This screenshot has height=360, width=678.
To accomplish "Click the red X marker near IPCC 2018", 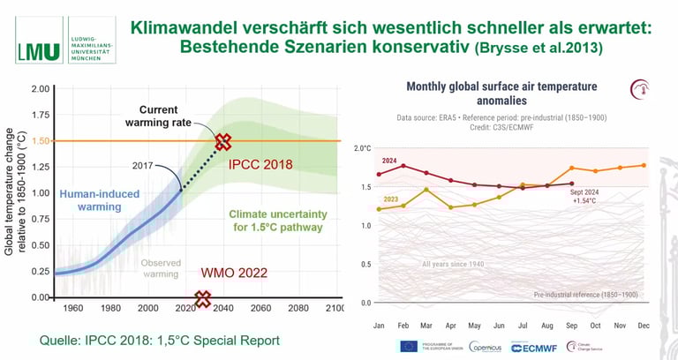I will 223,141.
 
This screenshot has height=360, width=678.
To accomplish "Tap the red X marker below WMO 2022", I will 203,299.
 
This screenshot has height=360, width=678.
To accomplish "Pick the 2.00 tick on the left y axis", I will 39,89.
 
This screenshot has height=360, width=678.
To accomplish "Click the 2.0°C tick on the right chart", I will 362,147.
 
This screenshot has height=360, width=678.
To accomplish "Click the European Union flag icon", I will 410,347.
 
